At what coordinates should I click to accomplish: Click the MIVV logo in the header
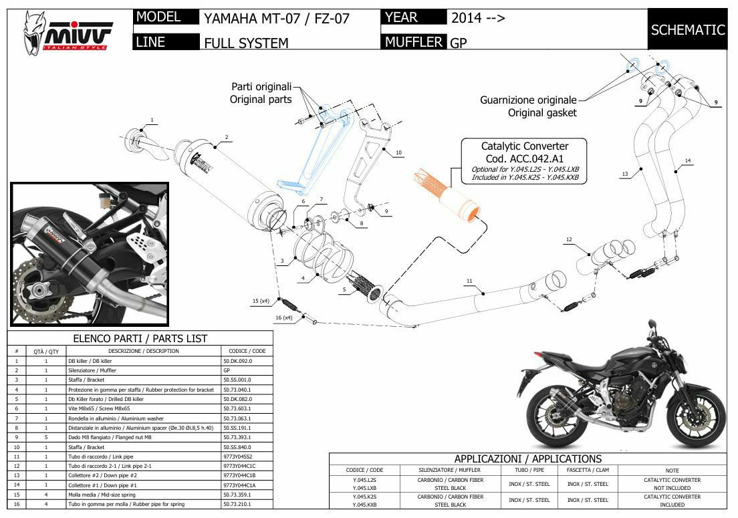[67, 32]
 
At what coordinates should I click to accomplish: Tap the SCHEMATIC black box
[687, 29]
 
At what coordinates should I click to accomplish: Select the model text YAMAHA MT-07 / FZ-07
[276, 18]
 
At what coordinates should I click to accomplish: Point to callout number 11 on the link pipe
[469, 281]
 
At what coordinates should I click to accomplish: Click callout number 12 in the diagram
[569, 239]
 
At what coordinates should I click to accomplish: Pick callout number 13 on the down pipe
[625, 174]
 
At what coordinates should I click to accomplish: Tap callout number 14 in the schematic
[688, 160]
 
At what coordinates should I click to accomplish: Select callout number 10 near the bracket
[398, 153]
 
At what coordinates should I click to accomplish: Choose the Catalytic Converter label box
[525, 161]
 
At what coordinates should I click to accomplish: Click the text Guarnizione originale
[527, 100]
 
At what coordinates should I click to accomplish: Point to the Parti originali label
[261, 86]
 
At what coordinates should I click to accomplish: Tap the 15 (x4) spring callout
[260, 301]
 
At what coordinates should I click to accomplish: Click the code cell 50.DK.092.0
[237, 361]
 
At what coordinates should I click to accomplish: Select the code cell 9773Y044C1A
[239, 485]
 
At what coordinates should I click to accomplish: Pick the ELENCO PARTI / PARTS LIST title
[140, 338]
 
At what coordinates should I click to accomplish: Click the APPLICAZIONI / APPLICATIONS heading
[527, 459]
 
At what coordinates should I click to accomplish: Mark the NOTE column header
[672, 471]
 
